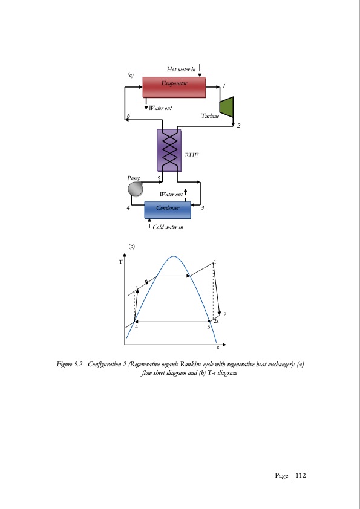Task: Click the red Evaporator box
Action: coord(174,86)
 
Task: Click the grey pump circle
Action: coord(136,189)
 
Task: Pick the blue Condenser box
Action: coord(167,209)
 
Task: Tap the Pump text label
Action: coord(134,178)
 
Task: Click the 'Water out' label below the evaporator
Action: coord(160,108)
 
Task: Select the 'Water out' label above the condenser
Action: coord(171,195)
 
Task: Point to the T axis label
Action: coord(120,262)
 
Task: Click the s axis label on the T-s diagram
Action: coord(218,348)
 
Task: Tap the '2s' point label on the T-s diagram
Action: coord(216,322)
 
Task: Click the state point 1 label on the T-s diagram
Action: coord(215,261)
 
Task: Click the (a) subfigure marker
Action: coord(130,75)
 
